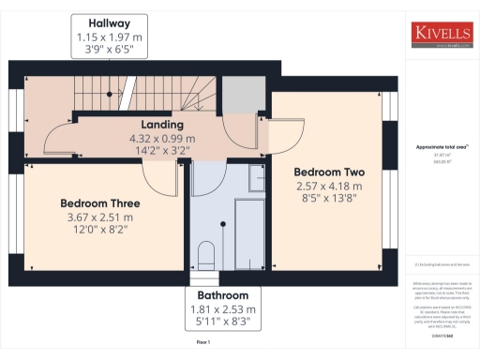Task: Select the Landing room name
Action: (x=161, y=124)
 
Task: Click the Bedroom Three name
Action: (x=99, y=203)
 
